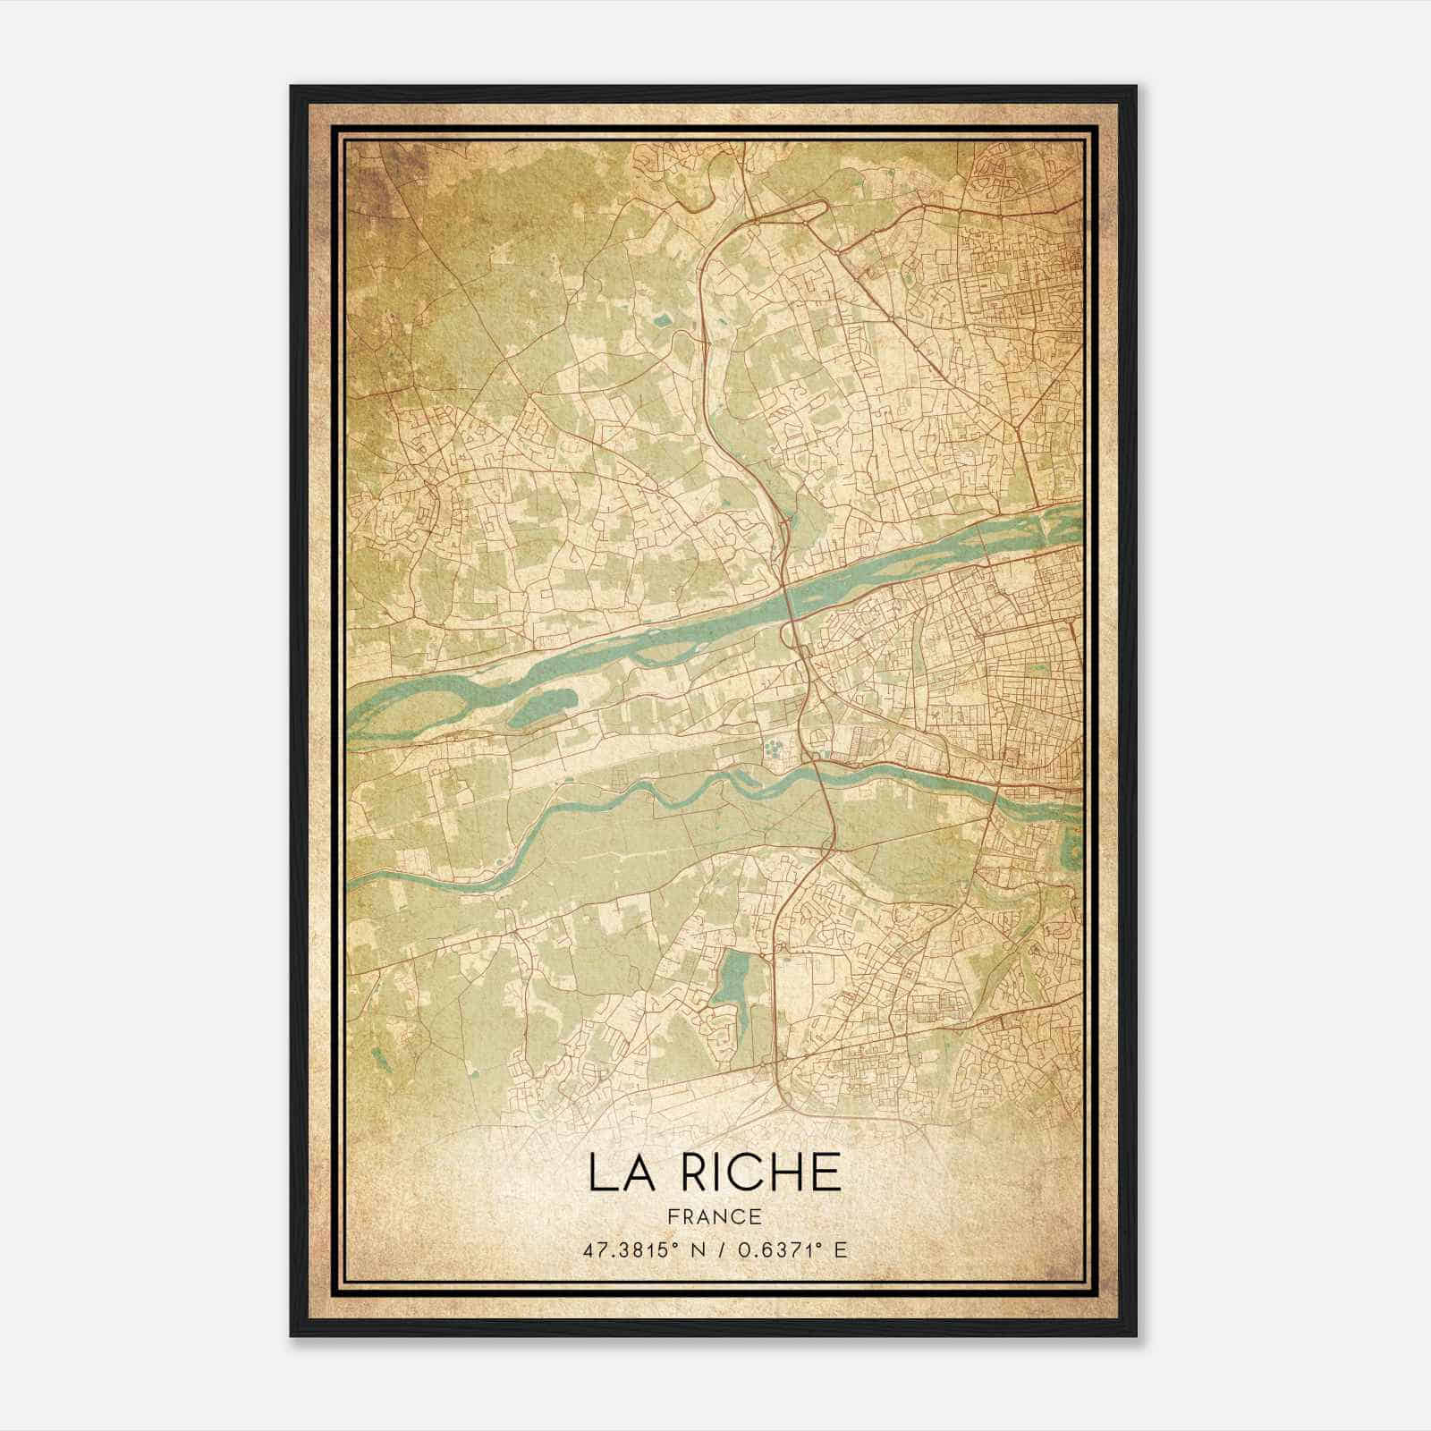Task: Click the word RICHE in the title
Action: point(762,1172)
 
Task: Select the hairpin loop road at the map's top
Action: point(787,212)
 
